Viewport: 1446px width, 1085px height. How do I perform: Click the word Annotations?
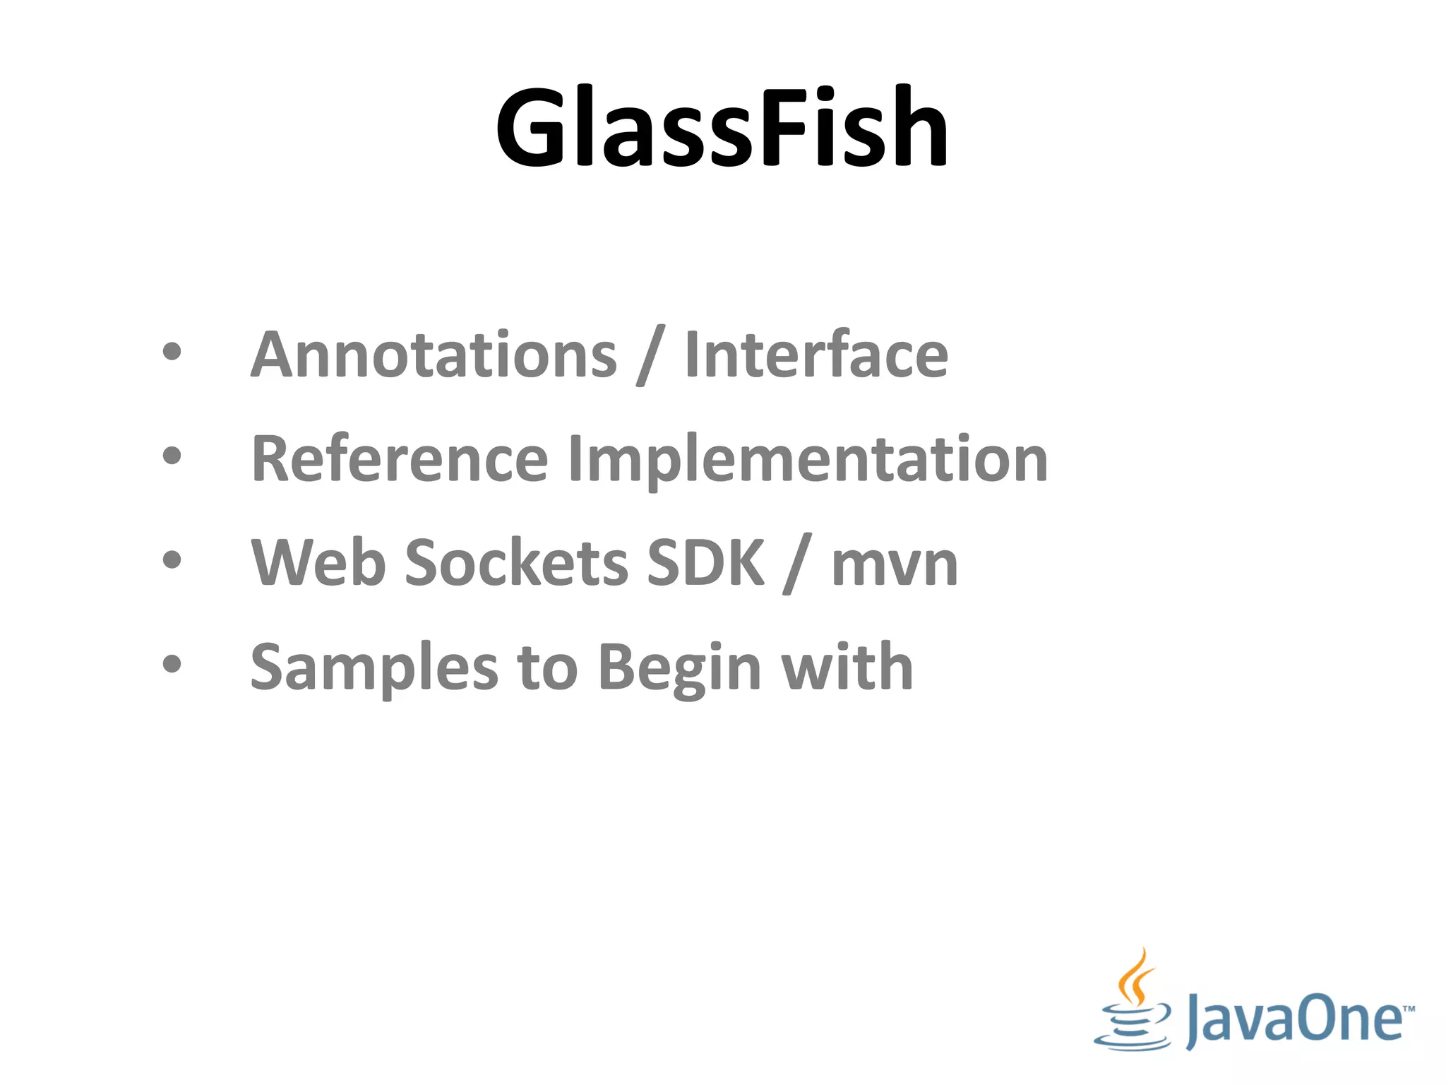click(434, 355)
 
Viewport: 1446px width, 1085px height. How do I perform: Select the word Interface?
click(816, 355)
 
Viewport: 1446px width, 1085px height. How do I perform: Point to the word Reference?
click(400, 459)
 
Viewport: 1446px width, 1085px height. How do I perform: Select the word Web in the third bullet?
click(318, 563)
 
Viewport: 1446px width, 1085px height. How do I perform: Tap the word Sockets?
click(516, 563)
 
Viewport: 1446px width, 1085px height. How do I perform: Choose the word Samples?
click(374, 668)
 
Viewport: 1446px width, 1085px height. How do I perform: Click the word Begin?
click(679, 668)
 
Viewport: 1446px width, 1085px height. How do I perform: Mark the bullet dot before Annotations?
click(172, 351)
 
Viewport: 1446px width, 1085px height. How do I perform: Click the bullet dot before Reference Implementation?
click(172, 456)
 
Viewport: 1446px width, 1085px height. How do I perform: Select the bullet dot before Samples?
click(172, 663)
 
